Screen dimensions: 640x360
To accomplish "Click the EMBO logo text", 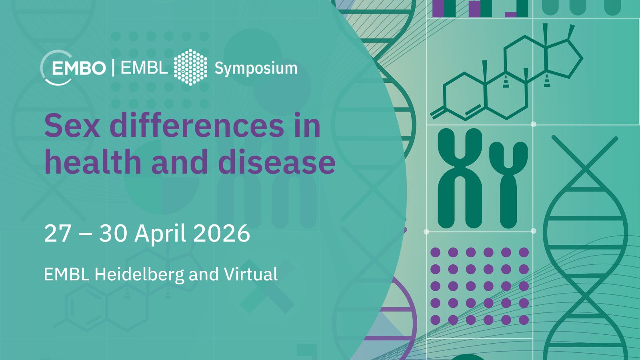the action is pos(79,68).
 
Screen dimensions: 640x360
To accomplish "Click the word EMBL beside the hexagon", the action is pos(144,68).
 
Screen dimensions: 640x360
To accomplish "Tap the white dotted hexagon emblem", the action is pos(190,67).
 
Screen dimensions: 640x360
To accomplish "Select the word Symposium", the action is pos(256,68).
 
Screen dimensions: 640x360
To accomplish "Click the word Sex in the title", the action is pos(72,126).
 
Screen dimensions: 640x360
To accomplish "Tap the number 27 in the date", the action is pos(57,234).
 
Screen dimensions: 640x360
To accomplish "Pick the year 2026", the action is pos(222,234).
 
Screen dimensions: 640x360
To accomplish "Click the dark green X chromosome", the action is pos(460,178).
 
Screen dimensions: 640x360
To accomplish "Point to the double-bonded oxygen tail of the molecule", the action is pos(438,113).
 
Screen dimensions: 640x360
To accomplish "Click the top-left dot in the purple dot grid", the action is pos(436,252).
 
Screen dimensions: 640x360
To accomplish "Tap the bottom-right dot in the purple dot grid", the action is pos(524,320).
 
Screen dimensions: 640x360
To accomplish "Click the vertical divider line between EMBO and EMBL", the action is pos(113,68).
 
